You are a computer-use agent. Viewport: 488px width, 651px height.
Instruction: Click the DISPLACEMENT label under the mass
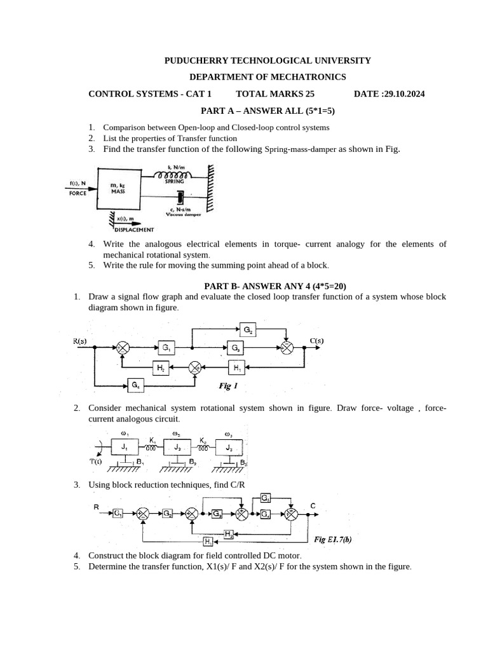[x=135, y=230]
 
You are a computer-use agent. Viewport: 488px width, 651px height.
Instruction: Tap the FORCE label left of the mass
[x=78, y=193]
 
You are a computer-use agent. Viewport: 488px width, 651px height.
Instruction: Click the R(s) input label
[x=80, y=341]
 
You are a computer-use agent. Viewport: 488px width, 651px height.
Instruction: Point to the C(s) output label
[x=316, y=341]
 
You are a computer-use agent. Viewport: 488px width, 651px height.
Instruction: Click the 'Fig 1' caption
[x=227, y=385]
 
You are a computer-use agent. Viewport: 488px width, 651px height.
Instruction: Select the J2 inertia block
[x=177, y=448]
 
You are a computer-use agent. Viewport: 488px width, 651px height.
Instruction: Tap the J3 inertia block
[x=229, y=448]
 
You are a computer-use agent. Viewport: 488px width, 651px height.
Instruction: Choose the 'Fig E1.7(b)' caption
[x=333, y=539]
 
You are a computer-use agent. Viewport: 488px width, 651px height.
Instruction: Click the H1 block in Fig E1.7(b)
[x=208, y=541]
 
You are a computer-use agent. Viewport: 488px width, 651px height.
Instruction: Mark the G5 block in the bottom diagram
[x=265, y=498]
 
